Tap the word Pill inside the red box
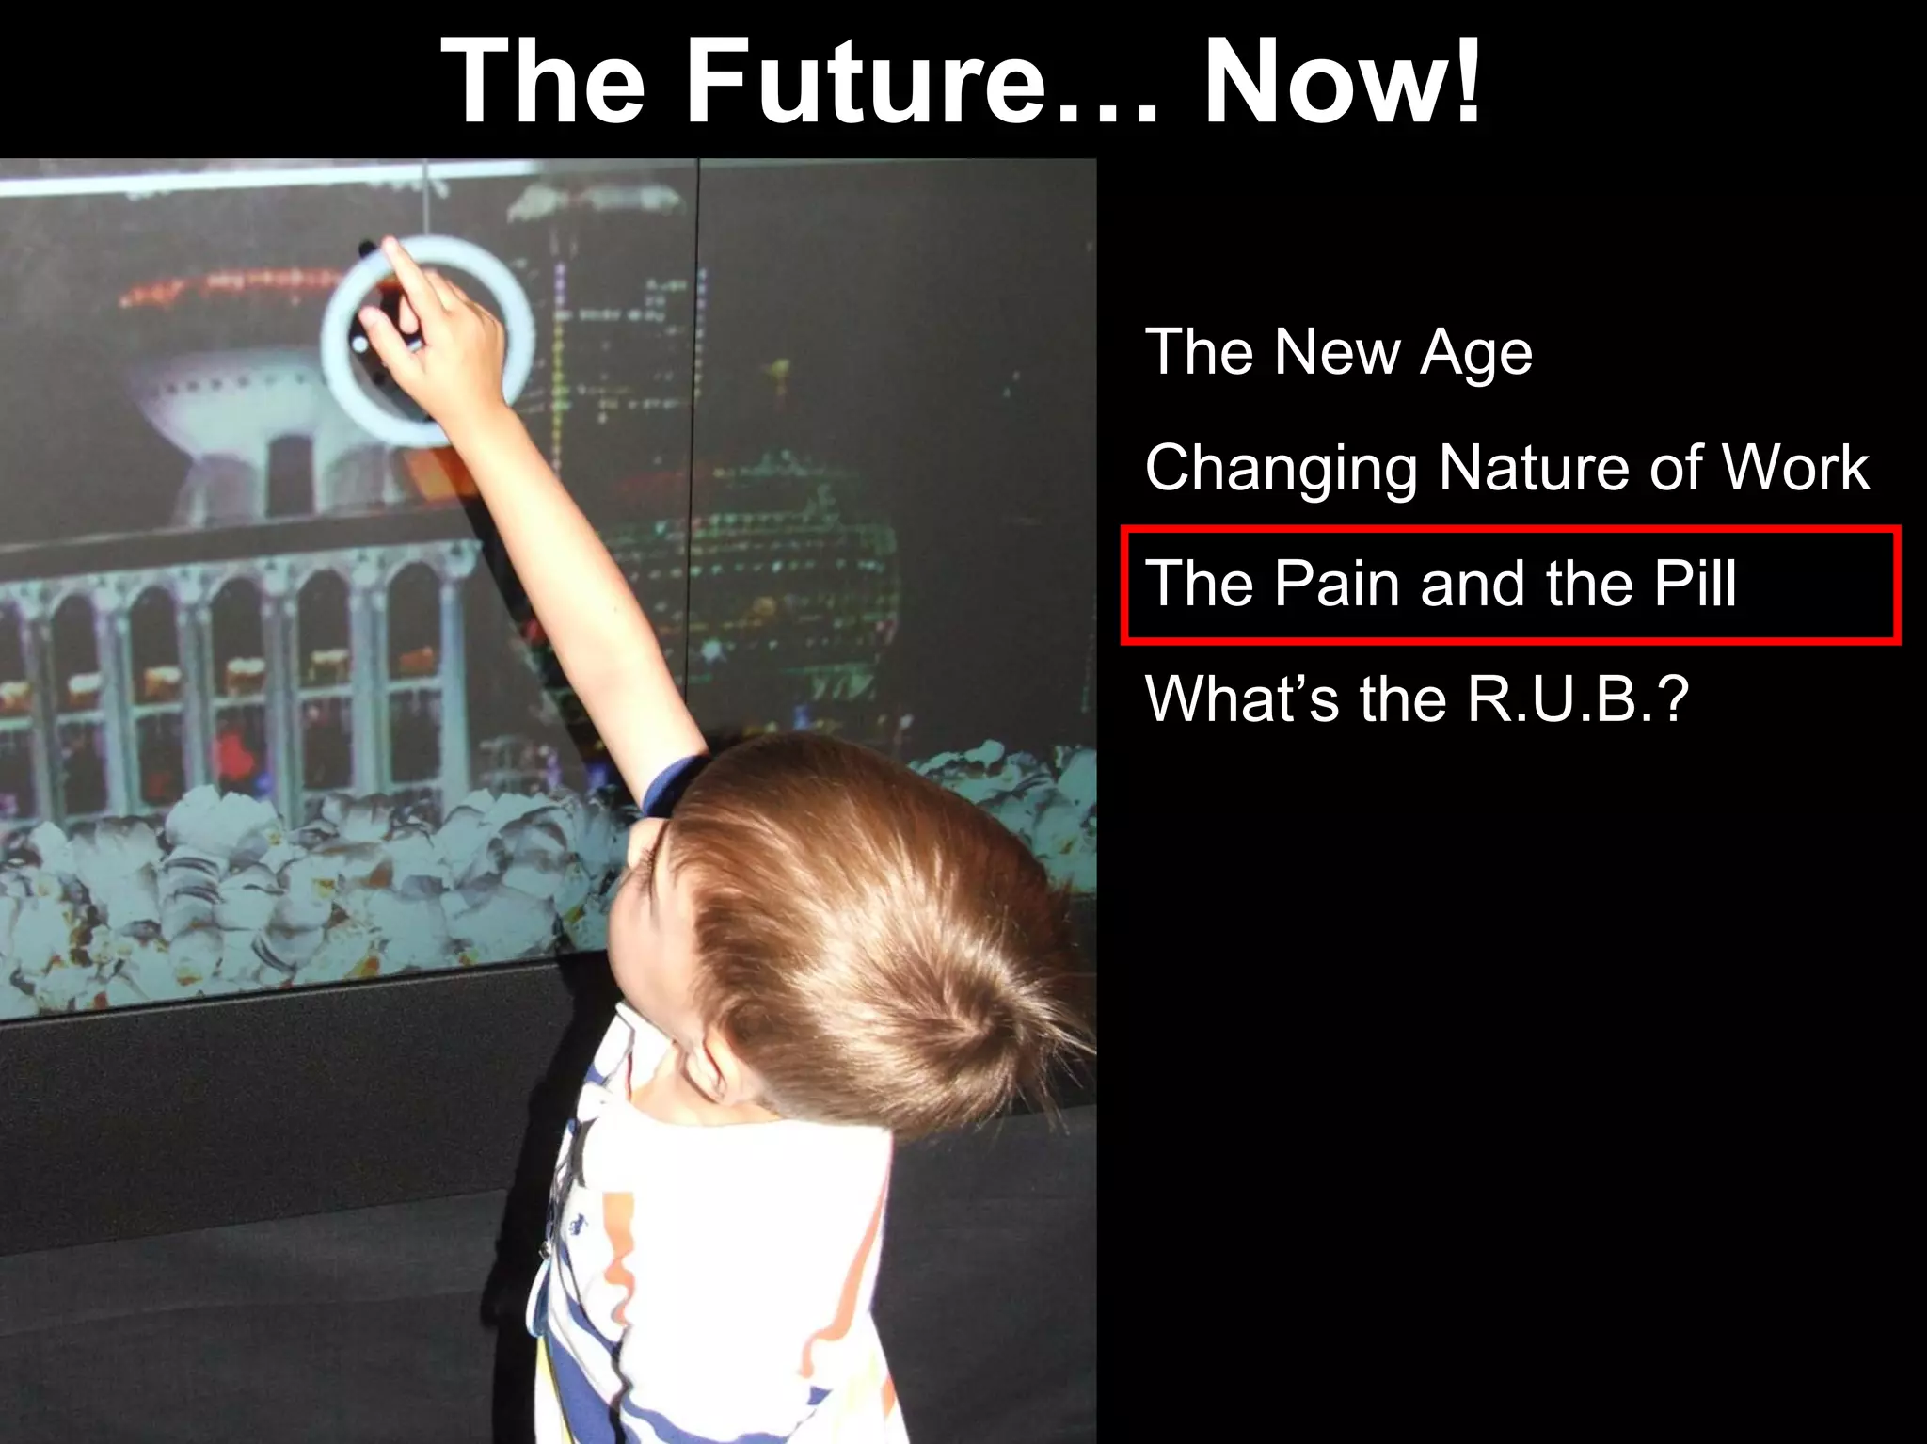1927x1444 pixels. coord(1694,584)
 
